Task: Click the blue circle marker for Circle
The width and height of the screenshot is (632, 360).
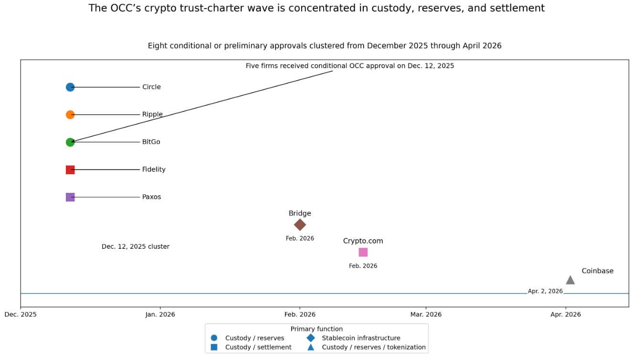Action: [70, 87]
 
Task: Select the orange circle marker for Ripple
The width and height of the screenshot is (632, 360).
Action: [70, 115]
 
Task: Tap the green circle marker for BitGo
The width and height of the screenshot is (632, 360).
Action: [70, 142]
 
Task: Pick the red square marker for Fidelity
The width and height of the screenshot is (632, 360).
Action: [70, 169]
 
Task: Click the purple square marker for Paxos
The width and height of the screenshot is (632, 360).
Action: [70, 197]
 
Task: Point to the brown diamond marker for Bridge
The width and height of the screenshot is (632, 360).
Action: [300, 224]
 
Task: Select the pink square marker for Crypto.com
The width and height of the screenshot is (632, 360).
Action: [363, 252]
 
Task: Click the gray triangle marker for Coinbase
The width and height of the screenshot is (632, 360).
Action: [570, 280]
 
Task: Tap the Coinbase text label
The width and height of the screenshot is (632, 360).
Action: [597, 271]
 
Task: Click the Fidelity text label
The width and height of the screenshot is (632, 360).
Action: [154, 169]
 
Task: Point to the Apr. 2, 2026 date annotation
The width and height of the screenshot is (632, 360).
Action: [545, 291]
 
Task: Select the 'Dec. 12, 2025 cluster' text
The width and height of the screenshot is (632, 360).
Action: [136, 247]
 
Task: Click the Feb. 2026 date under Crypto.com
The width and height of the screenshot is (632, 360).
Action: [363, 266]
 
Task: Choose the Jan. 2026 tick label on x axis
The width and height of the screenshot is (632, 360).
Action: [160, 314]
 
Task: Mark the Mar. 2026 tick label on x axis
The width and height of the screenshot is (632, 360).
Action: [426, 314]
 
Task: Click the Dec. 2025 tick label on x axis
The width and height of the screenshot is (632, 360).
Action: [21, 314]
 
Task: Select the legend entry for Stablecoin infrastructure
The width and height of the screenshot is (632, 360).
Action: [361, 338]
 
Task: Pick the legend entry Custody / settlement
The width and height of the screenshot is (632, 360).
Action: [258, 347]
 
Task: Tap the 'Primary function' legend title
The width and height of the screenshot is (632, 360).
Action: [316, 329]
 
